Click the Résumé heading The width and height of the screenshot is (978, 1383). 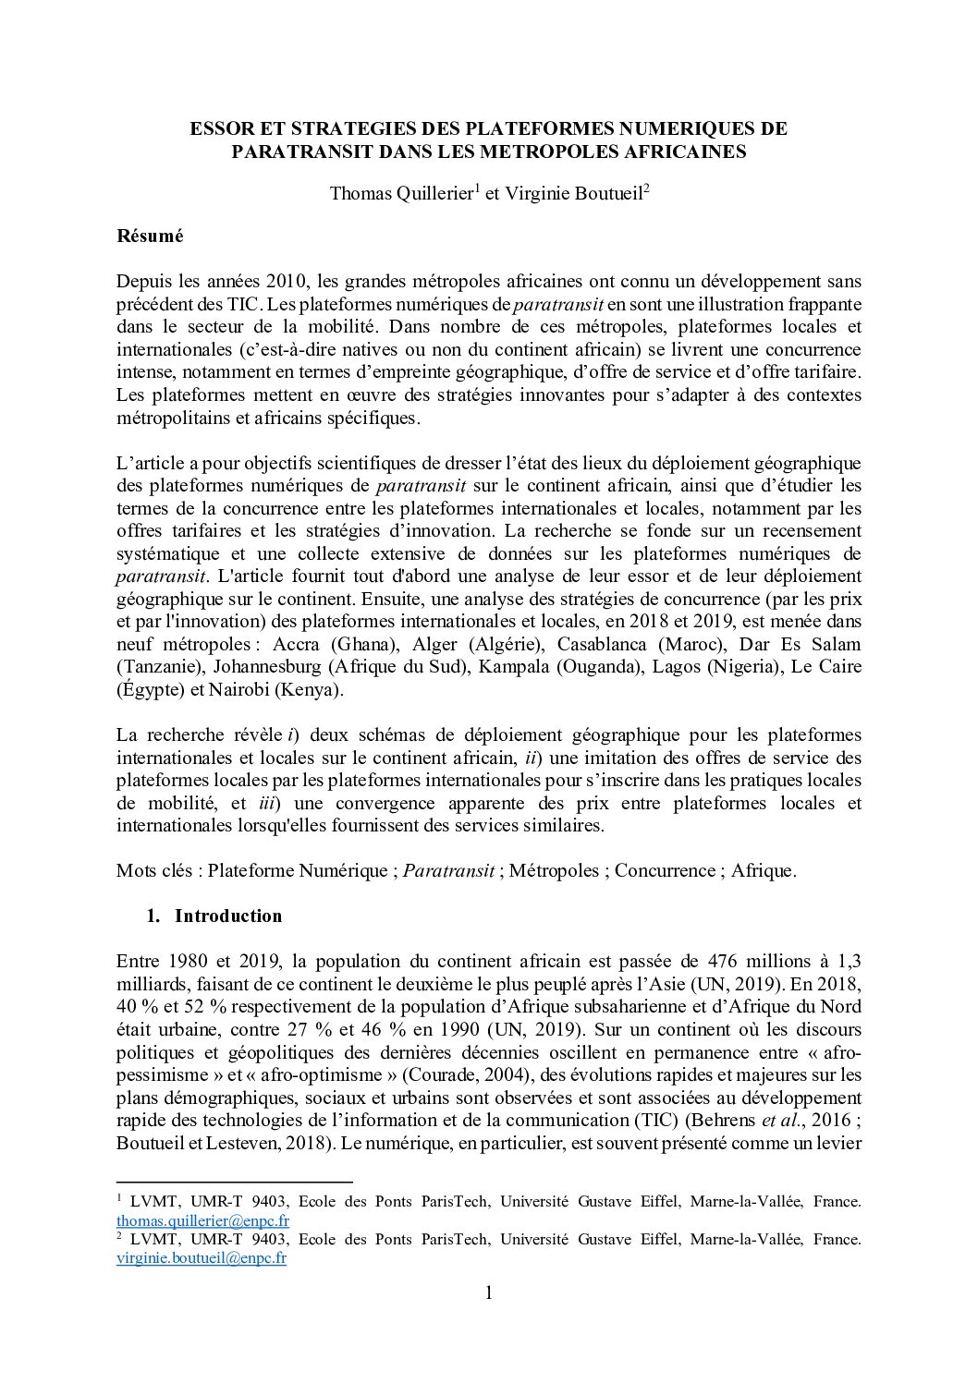tap(150, 236)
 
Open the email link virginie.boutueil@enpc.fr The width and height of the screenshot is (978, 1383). tap(202, 1258)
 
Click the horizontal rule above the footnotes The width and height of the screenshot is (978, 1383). tap(235, 1182)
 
